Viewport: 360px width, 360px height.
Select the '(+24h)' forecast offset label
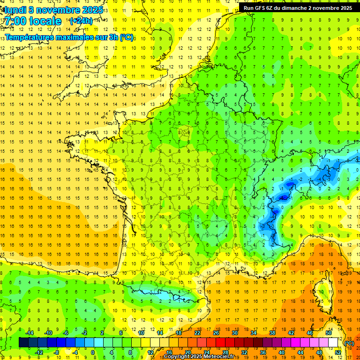(81, 21)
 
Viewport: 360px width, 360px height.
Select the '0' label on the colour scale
(93, 352)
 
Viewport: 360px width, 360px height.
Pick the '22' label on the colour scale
(197, 333)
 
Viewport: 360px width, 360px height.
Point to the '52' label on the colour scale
(338, 352)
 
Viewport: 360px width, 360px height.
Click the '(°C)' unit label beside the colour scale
(349, 343)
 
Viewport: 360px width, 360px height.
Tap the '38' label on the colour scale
(272, 333)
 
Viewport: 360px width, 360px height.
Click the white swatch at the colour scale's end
(333, 343)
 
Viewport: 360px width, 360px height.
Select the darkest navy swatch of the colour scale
(23, 343)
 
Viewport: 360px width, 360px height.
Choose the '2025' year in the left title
(91, 10)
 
